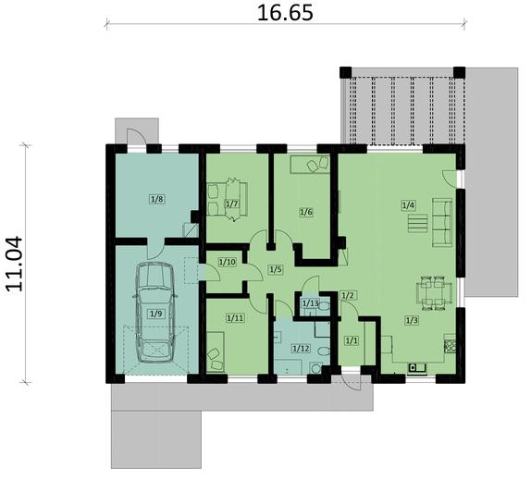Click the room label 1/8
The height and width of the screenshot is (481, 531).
pyautogui.click(x=156, y=199)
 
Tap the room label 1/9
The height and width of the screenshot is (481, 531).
pyautogui.click(x=155, y=314)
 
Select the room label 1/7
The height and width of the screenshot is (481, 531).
pyautogui.click(x=232, y=204)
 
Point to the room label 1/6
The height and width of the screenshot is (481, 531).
pyautogui.click(x=306, y=212)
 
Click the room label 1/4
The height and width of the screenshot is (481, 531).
pyautogui.click(x=408, y=204)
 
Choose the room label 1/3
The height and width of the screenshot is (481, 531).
pyautogui.click(x=411, y=320)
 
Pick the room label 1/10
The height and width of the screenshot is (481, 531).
pyautogui.click(x=227, y=262)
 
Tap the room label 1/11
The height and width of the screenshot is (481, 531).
pyautogui.click(x=234, y=318)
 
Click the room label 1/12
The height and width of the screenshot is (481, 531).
pyautogui.click(x=300, y=349)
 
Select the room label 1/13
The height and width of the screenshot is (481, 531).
pyautogui.click(x=310, y=303)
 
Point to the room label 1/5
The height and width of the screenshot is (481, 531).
pyautogui.click(x=275, y=269)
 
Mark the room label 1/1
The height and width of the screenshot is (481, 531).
pyautogui.click(x=351, y=340)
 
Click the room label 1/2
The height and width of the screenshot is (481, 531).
pyautogui.click(x=348, y=296)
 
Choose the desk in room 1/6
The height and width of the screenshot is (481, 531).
pyautogui.click(x=310, y=164)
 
